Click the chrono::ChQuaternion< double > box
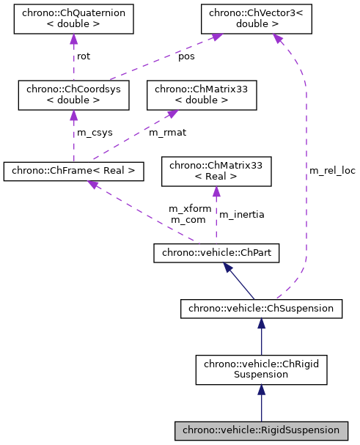pyautogui.click(x=73, y=19)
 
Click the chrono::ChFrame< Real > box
pyautogui.click(x=73, y=172)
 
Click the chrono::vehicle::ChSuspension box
pyautogui.click(x=261, y=309)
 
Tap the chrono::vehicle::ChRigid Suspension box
pyautogui.click(x=261, y=369)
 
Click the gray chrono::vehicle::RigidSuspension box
pyautogui.click(x=261, y=429)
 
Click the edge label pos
pyautogui.click(x=188, y=56)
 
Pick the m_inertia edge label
pyautogui.click(x=242, y=214)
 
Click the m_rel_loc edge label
pyautogui.click(x=332, y=170)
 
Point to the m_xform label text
pyautogui.click(x=190, y=208)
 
